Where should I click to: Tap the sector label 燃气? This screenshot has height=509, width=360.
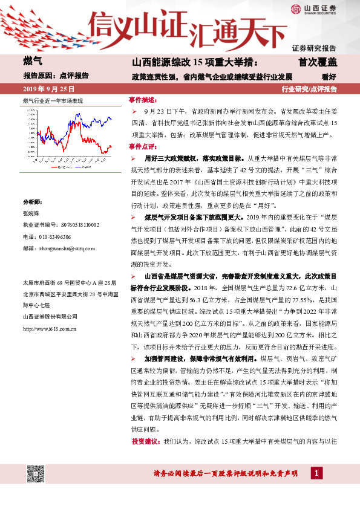tap(32, 62)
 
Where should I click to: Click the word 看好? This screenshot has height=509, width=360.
tap(329, 76)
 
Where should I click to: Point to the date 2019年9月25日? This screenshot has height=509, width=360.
tap(45, 89)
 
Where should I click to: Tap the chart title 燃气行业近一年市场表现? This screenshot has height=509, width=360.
tap(53, 100)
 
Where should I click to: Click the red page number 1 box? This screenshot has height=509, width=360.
tap(317, 473)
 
